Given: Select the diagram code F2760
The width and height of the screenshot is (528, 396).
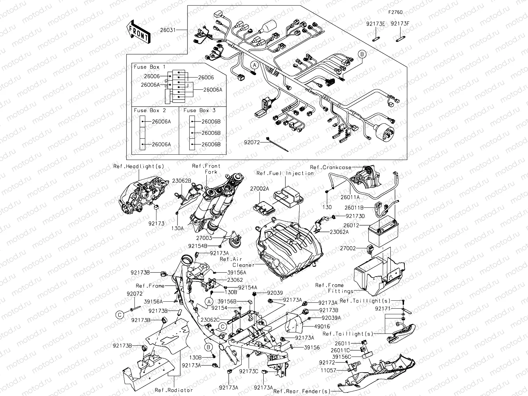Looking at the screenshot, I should pyautogui.click(x=395, y=12).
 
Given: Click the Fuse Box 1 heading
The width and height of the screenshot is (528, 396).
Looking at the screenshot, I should pyautogui.click(x=149, y=67).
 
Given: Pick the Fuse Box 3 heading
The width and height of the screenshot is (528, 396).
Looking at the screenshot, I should pyautogui.click(x=199, y=110).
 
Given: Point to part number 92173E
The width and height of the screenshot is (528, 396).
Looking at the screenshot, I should pyautogui.click(x=375, y=24).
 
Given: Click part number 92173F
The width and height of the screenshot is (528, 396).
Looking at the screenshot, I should pyautogui.click(x=399, y=24).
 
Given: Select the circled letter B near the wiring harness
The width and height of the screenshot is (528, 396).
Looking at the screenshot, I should pyautogui.click(x=362, y=54).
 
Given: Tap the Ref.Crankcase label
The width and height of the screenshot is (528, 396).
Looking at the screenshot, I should pyautogui.click(x=330, y=167).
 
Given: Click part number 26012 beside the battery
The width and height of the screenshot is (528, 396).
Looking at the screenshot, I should pyautogui.click(x=351, y=226).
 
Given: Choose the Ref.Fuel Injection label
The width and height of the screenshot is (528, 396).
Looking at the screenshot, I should pyautogui.click(x=285, y=173).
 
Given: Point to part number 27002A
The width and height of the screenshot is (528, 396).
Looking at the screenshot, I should pyautogui.click(x=259, y=189).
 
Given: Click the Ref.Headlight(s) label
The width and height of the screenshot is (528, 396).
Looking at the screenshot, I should pyautogui.click(x=139, y=167).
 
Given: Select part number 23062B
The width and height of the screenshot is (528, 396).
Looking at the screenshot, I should pyautogui.click(x=182, y=181).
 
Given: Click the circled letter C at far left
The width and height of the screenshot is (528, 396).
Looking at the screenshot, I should pyautogui.click(x=120, y=315).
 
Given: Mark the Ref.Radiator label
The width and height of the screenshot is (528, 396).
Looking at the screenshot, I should pyautogui.click(x=174, y=390).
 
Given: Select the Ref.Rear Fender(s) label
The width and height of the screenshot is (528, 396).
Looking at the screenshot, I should pyautogui.click(x=302, y=391).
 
